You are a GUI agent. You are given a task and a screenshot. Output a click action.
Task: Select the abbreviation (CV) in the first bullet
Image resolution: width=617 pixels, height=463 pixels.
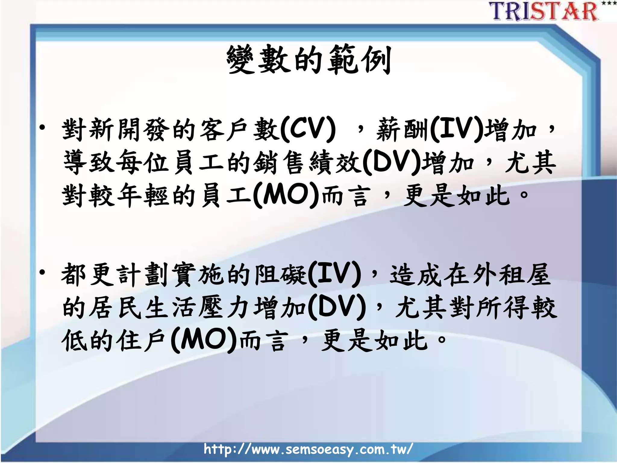coord(308,130)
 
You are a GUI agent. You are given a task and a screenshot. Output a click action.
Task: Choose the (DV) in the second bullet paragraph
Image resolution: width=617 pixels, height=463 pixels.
coord(337,307)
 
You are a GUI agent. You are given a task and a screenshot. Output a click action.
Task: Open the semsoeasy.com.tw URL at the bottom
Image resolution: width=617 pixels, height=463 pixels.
coord(308,449)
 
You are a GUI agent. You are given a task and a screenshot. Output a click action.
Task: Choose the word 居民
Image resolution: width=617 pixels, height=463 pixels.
coord(116,307)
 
